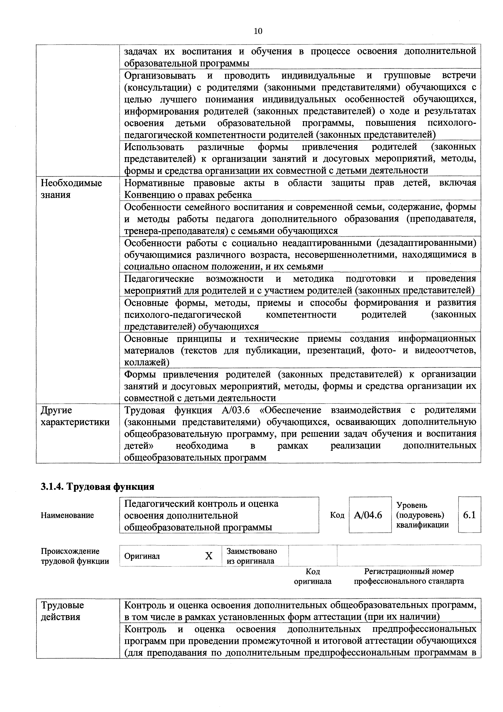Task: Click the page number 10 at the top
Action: pos(258,31)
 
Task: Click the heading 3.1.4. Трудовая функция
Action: pos(98,487)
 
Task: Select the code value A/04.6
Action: pos(368,515)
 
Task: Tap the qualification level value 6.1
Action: pos(469,515)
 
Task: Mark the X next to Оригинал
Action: pos(209,556)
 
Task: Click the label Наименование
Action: pos(67,515)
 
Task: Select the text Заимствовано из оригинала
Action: pos(252,556)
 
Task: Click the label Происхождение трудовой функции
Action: pos(75,556)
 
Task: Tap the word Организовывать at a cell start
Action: pos(160,76)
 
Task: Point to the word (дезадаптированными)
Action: pos(426,243)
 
